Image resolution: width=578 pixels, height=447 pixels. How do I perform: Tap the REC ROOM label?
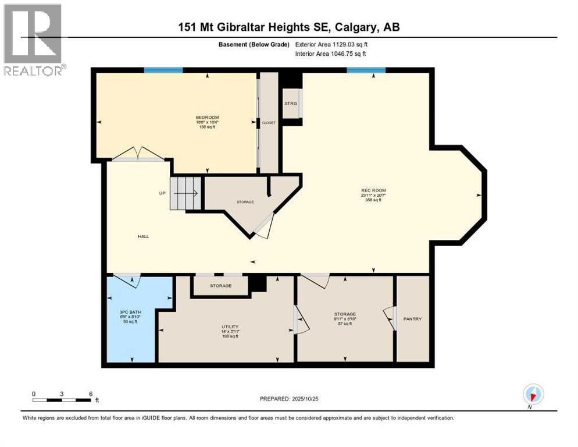pyautogui.click(x=373, y=190)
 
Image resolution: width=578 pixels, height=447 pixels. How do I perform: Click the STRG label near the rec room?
pyautogui.click(x=291, y=103)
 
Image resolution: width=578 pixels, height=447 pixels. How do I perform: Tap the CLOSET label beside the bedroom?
pyautogui.click(x=269, y=123)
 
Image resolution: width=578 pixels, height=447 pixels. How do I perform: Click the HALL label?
pyautogui.click(x=143, y=236)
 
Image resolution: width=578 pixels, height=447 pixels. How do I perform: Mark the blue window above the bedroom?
pyautogui.click(x=163, y=70)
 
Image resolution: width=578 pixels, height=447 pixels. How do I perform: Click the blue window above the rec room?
pyautogui.click(x=366, y=70)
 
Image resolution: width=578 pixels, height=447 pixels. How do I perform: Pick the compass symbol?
pyautogui.click(x=533, y=394)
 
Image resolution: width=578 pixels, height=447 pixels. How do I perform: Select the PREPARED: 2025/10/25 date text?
pyautogui.click(x=290, y=399)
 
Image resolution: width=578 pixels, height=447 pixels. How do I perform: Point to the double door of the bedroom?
pyautogui.click(x=138, y=154)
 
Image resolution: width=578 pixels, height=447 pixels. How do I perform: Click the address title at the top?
pyautogui.click(x=288, y=27)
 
